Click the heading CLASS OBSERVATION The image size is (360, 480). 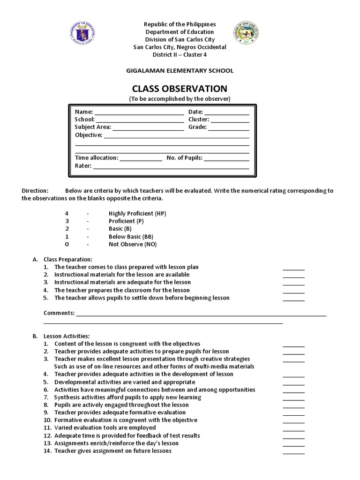tap(180, 89)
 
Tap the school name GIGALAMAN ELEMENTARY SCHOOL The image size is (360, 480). tap(180, 70)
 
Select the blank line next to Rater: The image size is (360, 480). tap(171, 166)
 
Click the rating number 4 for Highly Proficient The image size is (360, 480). tap(67, 213)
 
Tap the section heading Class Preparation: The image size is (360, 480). tap(68, 259)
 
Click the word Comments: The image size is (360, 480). tap(59, 313)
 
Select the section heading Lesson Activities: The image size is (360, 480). tap(66, 336)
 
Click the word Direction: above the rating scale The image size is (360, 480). tap(35, 191)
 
